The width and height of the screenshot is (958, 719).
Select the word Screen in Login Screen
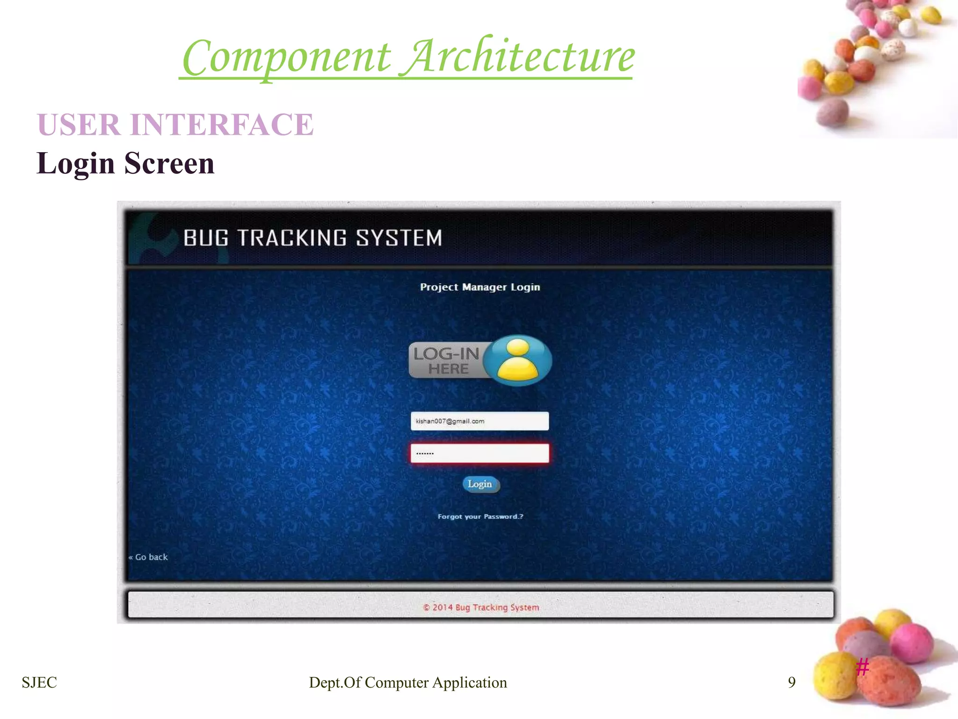click(x=169, y=163)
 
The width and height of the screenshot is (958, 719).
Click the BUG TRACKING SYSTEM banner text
click(x=312, y=238)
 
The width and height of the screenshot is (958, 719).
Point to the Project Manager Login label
click(x=480, y=287)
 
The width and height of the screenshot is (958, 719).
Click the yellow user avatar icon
click(x=518, y=360)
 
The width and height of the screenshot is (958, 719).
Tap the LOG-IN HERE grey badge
click(x=447, y=361)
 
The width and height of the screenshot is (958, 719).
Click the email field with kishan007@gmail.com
click(x=479, y=421)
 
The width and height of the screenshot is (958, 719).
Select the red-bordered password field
click(x=479, y=453)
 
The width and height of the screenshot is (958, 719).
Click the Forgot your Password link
click(x=480, y=516)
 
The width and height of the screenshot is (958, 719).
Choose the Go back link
click(x=149, y=557)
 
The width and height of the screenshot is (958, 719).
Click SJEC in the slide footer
click(x=39, y=682)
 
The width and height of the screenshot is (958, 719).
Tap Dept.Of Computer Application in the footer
click(x=408, y=682)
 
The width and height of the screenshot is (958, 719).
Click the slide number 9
click(x=791, y=682)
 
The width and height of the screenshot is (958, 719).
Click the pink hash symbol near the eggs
click(x=862, y=667)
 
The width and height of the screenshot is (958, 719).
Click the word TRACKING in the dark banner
click(x=292, y=238)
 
